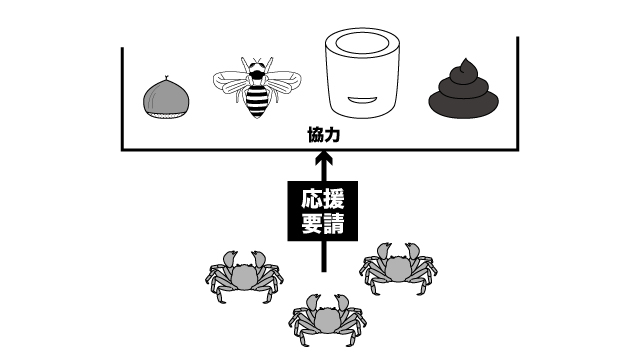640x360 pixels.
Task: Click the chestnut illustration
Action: pyautogui.click(x=166, y=98)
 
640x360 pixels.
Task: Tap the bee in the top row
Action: pyautogui.click(x=257, y=87)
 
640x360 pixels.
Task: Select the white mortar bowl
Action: pyautogui.click(x=362, y=73)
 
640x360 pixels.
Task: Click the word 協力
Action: pyautogui.click(x=324, y=135)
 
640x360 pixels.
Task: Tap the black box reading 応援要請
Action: pyautogui.click(x=323, y=211)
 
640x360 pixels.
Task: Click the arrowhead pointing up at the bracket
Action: pyautogui.click(x=324, y=158)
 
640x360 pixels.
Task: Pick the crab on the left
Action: pyautogui.click(x=244, y=277)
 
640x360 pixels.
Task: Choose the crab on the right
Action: pyautogui.click(x=398, y=268)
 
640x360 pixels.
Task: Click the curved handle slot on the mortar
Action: pyautogui.click(x=362, y=100)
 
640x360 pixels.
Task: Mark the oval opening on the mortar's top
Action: pyautogui.click(x=362, y=43)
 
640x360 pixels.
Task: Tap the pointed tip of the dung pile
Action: pyautogui.click(x=465, y=60)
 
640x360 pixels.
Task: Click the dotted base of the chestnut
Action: pyautogui.click(x=167, y=116)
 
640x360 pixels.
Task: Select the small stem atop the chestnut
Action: pyautogui.click(x=166, y=78)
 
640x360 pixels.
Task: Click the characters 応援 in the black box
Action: pyautogui.click(x=323, y=199)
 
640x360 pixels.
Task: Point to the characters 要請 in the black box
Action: pyautogui.click(x=323, y=223)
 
